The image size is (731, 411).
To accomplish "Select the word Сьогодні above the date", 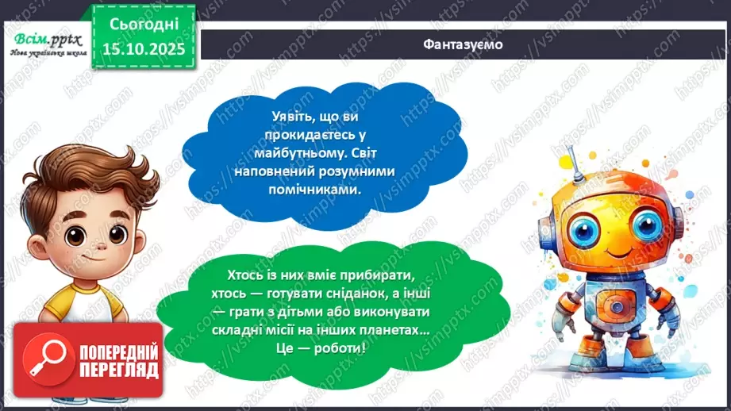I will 142,25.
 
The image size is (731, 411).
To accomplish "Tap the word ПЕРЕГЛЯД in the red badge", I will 117,370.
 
